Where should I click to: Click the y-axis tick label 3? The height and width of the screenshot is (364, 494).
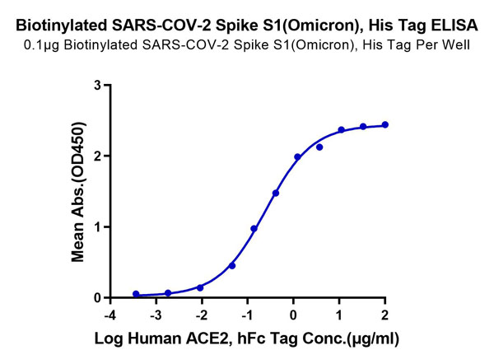pyautogui.click(x=98, y=85)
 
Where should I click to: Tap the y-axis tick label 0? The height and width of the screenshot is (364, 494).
pyautogui.click(x=98, y=297)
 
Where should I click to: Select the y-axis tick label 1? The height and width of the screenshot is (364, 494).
pyautogui.click(x=98, y=226)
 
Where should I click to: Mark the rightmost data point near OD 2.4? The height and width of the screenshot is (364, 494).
pyautogui.click(x=385, y=125)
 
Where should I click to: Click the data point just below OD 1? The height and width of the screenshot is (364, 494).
pyautogui.click(x=254, y=228)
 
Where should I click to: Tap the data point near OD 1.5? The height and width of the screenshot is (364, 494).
pyautogui.click(x=276, y=193)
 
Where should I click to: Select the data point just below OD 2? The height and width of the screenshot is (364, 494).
pyautogui.click(x=297, y=156)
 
